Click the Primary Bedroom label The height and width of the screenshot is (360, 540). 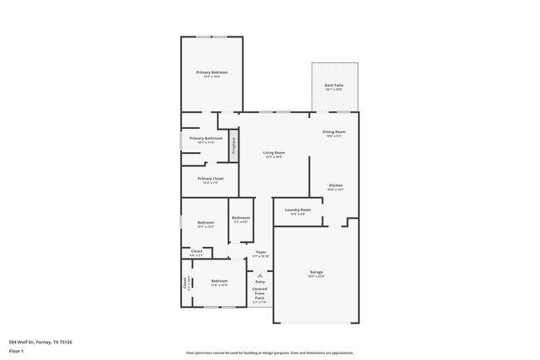tap(212, 72)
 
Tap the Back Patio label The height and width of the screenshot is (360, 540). tap(335, 86)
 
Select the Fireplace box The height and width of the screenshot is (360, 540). tap(234, 145)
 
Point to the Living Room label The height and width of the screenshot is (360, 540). tap(274, 153)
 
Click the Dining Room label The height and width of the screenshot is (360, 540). tap(335, 132)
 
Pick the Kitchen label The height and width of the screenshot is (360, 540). tap(336, 185)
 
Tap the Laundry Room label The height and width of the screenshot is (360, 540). tap(297, 210)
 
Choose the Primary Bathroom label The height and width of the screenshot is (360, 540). tap(206, 139)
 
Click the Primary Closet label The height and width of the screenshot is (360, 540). tap(210, 179)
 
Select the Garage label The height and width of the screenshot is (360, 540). tap(317, 273)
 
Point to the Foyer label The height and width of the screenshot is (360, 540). tap(261, 252)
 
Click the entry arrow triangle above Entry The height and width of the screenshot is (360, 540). tap(260, 275)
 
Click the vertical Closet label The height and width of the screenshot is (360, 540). tap(185, 283)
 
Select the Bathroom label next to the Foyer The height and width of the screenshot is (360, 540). tap(241, 218)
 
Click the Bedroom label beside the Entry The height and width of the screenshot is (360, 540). tap(219, 281)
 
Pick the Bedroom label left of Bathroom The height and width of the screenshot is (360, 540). tap(206, 222)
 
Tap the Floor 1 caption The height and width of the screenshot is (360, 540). tap(17, 351)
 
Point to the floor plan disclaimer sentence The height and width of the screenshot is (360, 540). tap(269, 353)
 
